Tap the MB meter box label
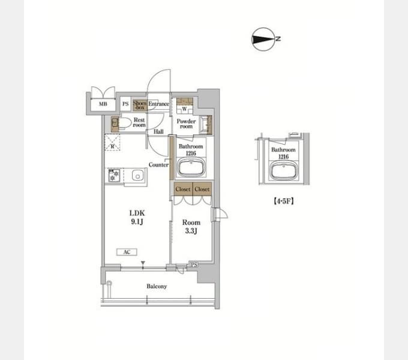(x=103, y=104)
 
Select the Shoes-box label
(x=140, y=105)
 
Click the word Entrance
(x=158, y=104)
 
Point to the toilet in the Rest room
(x=122, y=123)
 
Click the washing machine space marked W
(x=185, y=109)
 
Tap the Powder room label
(x=186, y=124)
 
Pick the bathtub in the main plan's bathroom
(x=191, y=168)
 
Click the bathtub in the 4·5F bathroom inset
(x=284, y=170)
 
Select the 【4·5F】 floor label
(x=284, y=201)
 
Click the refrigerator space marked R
(x=112, y=142)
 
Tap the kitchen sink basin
(x=137, y=175)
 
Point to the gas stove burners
(x=114, y=175)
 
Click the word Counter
(x=158, y=164)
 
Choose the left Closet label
(x=183, y=190)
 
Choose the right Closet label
(x=202, y=190)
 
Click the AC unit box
(x=127, y=252)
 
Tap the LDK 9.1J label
(x=137, y=217)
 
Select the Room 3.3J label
(x=191, y=227)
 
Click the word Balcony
(x=157, y=286)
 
